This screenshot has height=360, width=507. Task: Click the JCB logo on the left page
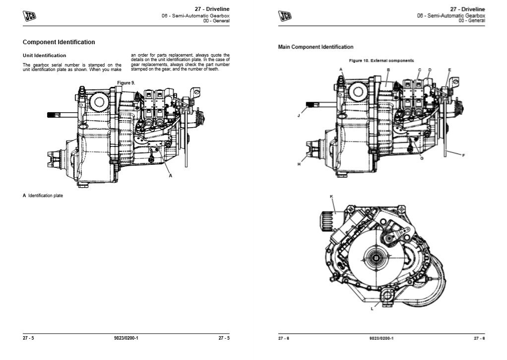click(x=30, y=16)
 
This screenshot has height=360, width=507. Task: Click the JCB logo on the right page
click(x=285, y=16)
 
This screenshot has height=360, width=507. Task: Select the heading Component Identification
click(x=59, y=42)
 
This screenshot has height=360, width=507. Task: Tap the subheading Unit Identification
click(x=44, y=56)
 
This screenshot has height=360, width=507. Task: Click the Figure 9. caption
click(x=126, y=82)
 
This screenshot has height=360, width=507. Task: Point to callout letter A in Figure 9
click(x=170, y=176)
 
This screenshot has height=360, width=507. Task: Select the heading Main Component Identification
click(x=316, y=47)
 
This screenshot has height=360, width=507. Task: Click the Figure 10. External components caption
click(x=381, y=61)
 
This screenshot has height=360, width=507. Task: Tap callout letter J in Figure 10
click(x=299, y=115)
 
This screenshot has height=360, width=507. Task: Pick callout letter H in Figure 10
click(x=299, y=164)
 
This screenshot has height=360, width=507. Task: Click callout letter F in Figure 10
click(x=463, y=155)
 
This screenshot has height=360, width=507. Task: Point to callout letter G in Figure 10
click(x=421, y=158)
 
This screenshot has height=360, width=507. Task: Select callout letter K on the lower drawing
click(x=331, y=197)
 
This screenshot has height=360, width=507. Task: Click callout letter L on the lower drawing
click(x=373, y=308)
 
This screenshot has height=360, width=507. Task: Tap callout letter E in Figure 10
click(x=449, y=70)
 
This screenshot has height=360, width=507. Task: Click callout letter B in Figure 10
click(x=388, y=70)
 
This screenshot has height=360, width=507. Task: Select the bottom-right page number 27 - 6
click(x=479, y=338)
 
